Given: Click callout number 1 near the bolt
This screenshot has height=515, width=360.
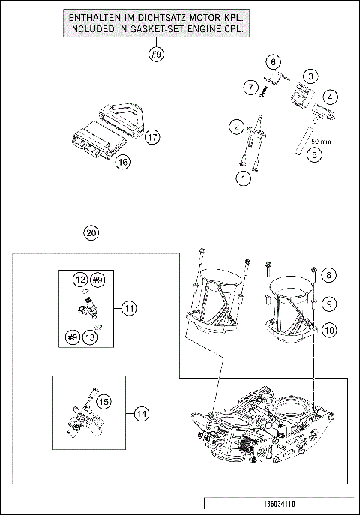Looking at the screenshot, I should pos(242,178).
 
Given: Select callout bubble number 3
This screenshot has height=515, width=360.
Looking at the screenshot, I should pos(310,75).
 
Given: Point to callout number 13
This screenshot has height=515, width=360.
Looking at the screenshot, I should pos(91,337).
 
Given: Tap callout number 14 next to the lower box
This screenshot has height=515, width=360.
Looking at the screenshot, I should pos(140,412).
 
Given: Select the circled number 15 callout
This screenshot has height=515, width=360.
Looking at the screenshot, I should pos(104,402).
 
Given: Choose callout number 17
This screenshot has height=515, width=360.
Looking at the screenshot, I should pos(152,137).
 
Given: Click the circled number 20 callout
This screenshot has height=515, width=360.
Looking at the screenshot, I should pos(91,233).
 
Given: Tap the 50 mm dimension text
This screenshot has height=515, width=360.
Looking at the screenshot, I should pos(320,141).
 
